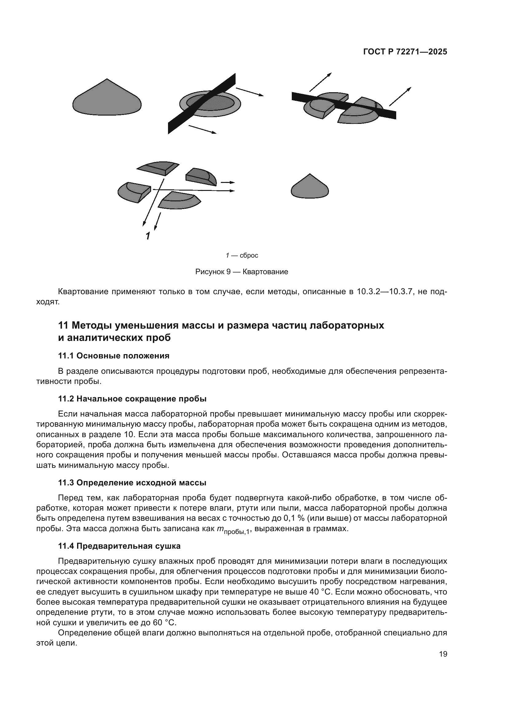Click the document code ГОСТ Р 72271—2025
[405, 52]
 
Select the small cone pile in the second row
[310, 188]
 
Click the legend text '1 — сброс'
[242, 255]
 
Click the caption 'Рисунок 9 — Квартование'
[241, 272]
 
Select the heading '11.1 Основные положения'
[114, 356]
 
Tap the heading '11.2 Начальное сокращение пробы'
[132, 399]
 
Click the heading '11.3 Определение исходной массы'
[132, 483]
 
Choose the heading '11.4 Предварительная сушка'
[119, 546]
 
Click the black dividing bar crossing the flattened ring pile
[202, 103]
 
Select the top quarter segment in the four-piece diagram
[158, 168]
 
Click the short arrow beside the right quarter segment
[227, 182]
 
